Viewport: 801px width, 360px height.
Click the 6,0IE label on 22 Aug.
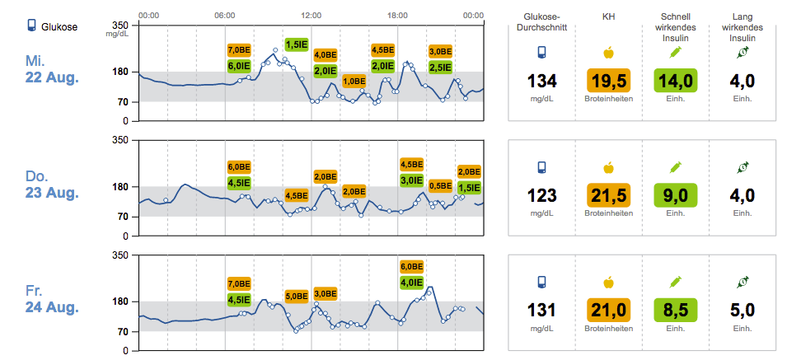click(x=239, y=65)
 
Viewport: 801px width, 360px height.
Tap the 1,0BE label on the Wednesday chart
click(x=354, y=81)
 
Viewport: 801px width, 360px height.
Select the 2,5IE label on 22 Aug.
click(x=439, y=67)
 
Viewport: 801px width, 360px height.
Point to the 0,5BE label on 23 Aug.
click(x=439, y=185)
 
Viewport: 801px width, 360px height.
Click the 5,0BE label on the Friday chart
click(x=296, y=295)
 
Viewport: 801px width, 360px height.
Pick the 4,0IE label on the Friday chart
click(x=411, y=282)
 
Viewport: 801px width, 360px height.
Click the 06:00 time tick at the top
click(x=224, y=16)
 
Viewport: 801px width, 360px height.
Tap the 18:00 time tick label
click(x=397, y=16)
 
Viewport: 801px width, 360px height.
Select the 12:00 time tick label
click(x=311, y=16)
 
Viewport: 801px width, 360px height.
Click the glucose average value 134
click(x=542, y=81)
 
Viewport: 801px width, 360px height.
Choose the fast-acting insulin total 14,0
click(x=675, y=81)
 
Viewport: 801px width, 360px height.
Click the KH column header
click(x=608, y=17)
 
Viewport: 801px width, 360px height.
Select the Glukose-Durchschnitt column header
click(x=542, y=22)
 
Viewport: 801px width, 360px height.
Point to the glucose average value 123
click(x=542, y=196)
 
